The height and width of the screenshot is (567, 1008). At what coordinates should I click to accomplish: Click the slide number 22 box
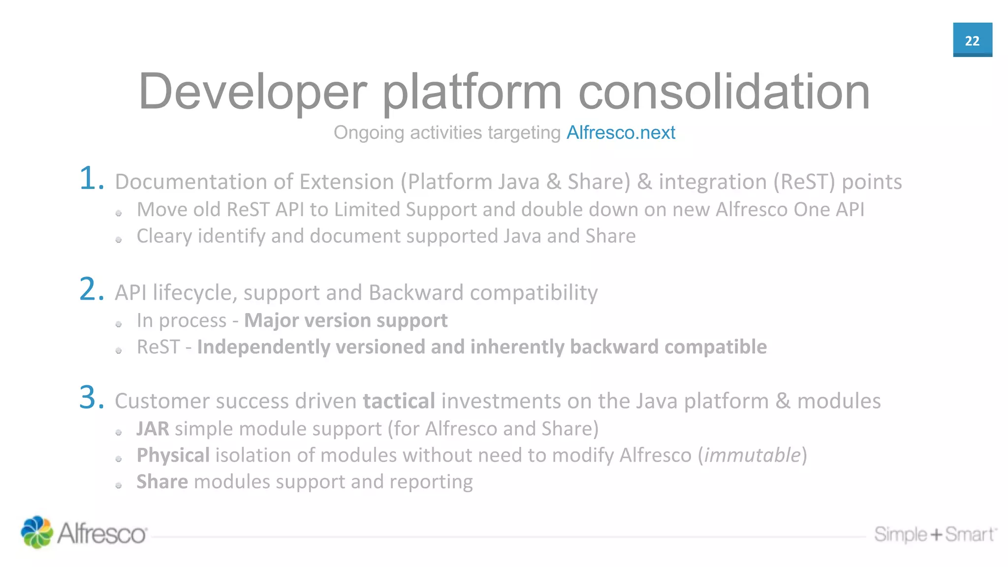pos(972,40)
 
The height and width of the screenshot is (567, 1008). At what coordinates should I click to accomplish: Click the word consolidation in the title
pos(724,92)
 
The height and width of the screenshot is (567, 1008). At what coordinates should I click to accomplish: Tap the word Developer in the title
pos(252,92)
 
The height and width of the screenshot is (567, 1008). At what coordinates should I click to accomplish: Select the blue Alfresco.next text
pos(621,132)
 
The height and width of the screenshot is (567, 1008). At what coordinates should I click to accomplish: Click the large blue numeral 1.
pos(92,179)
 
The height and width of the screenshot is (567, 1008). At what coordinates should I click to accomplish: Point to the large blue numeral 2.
pos(92,289)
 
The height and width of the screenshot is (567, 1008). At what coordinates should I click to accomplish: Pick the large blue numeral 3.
pos(92,398)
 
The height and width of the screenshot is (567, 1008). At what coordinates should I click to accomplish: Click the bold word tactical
pos(399,401)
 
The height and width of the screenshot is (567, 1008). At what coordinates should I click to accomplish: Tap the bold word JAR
pos(153,429)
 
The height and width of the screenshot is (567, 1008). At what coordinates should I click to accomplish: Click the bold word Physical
pos(173,455)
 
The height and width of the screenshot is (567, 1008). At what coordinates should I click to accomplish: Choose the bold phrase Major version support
pos(346,320)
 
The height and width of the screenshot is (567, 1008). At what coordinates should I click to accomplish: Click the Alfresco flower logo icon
pos(36,532)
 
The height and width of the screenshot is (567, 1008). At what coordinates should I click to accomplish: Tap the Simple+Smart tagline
pos(935,535)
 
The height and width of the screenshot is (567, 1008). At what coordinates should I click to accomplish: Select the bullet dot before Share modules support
pos(119,485)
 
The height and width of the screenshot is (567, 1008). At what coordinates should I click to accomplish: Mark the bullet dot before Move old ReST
pos(119,213)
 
